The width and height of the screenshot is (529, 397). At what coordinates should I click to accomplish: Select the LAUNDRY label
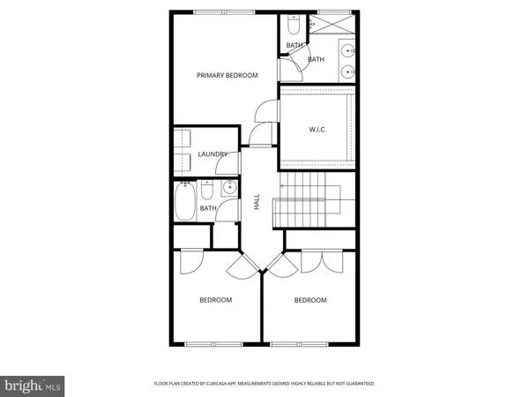coord(212,154)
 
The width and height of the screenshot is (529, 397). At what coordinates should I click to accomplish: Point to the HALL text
coord(257,202)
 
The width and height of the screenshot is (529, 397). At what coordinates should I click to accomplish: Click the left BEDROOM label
coord(215,300)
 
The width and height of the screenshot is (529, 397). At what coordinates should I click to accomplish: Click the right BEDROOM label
coord(309,300)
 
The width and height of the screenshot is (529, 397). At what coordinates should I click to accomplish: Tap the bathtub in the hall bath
coord(185,201)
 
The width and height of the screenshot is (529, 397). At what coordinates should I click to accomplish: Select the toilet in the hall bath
coord(205,191)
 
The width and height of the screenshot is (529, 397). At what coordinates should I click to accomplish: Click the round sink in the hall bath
coord(229,187)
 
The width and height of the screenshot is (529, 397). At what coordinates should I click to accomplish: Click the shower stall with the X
coord(333,25)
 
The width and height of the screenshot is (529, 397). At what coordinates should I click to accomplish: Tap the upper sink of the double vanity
coord(349,50)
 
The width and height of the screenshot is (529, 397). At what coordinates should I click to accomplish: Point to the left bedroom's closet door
coord(191,261)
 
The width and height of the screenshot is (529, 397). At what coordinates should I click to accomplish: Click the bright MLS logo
coord(34,385)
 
